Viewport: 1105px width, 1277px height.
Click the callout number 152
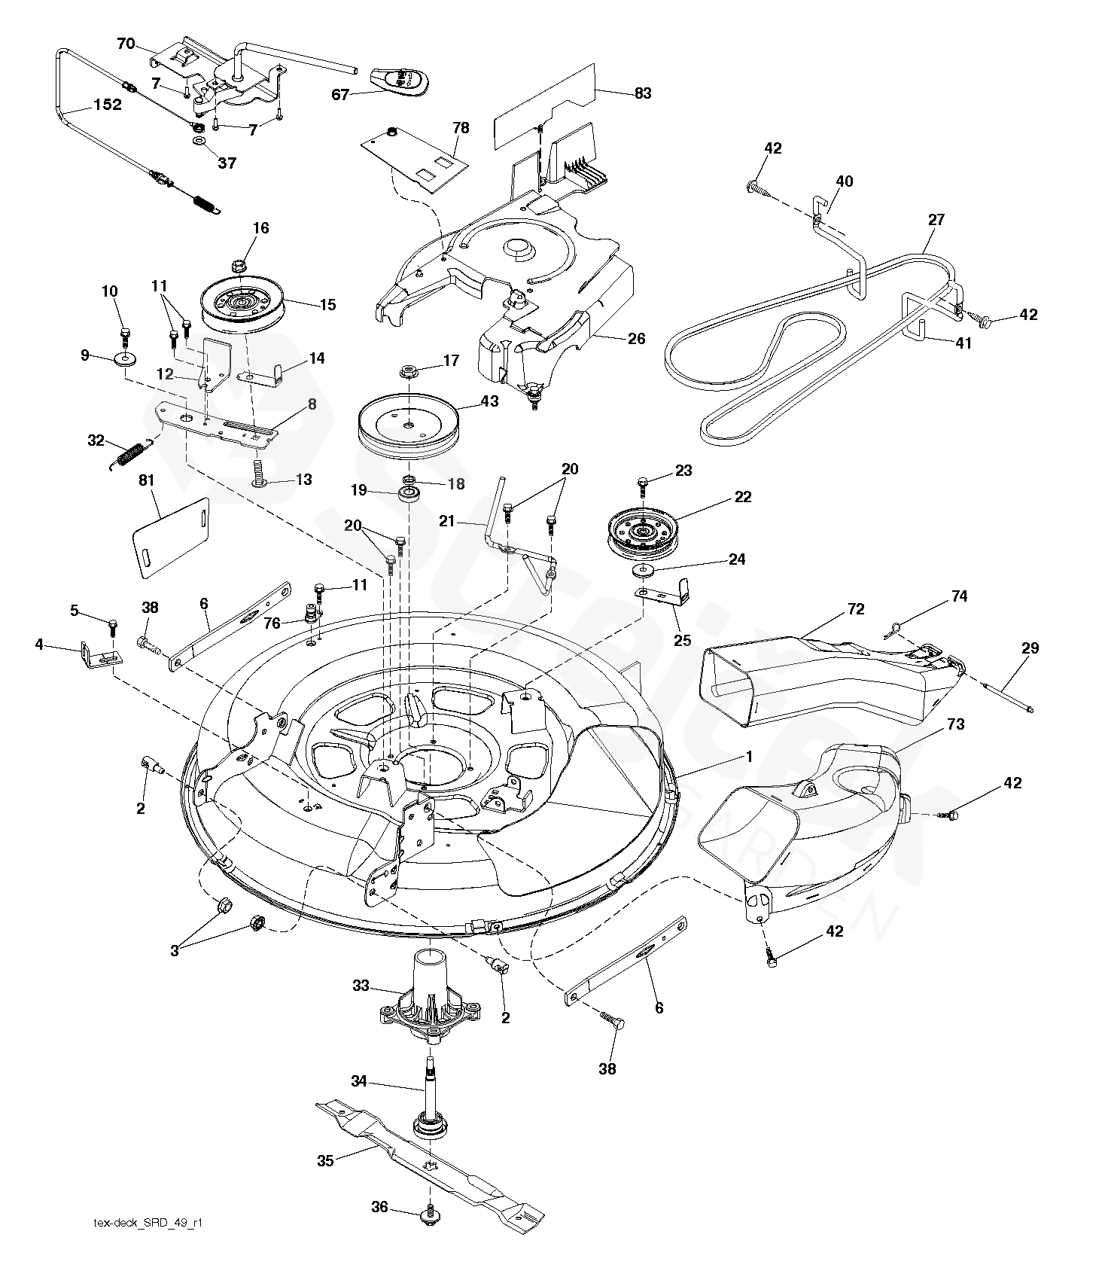click(107, 105)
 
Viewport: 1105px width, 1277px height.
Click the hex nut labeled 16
click(239, 265)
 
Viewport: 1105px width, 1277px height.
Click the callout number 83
click(643, 93)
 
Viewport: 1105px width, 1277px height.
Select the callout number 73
click(956, 724)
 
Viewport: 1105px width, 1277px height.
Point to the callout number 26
click(637, 339)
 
